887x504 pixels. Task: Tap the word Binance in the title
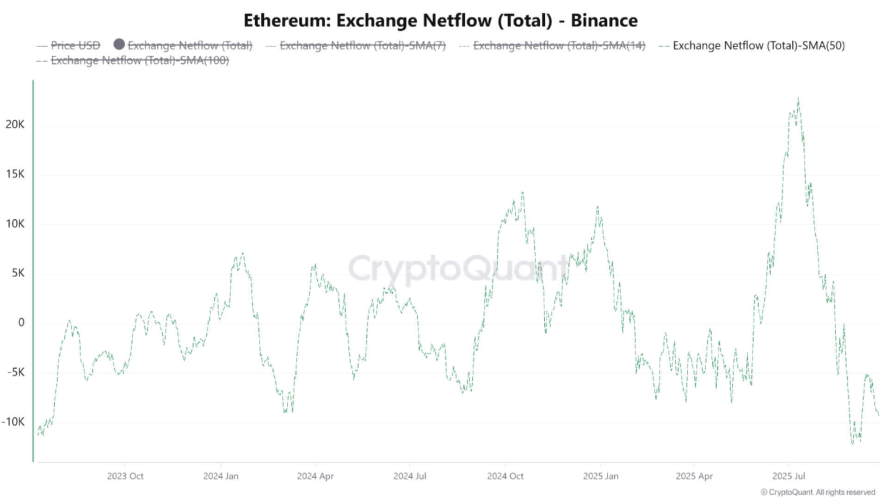click(604, 21)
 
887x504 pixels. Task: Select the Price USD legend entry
click(75, 46)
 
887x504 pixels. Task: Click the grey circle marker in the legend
click(119, 44)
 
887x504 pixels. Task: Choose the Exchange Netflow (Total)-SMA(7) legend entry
click(362, 46)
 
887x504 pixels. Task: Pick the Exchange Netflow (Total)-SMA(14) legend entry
click(559, 46)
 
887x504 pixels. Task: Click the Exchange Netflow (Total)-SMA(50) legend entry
click(758, 46)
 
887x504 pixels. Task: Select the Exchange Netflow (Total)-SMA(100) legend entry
click(140, 61)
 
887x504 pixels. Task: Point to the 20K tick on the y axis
click(15, 124)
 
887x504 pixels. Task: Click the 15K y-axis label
click(15, 174)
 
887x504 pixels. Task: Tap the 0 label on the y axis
click(21, 323)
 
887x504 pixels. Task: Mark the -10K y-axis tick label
click(13, 422)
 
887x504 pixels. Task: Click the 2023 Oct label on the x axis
click(125, 476)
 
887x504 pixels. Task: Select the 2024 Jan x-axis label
click(221, 476)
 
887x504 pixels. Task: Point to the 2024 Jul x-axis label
click(410, 476)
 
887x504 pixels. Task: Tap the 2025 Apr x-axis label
click(694, 476)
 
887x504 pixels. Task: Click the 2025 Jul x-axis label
click(789, 476)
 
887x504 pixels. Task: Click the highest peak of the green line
click(798, 99)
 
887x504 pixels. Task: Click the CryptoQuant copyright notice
click(818, 492)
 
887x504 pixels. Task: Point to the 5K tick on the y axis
click(18, 273)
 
